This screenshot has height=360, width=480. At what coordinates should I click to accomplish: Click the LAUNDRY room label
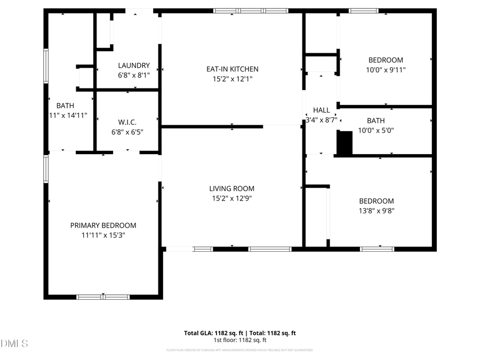[133, 66]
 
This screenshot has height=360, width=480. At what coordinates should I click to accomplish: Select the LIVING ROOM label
[231, 188]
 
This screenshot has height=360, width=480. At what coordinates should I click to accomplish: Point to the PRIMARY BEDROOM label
[103, 226]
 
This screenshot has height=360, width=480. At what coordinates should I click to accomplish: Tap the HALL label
[321, 110]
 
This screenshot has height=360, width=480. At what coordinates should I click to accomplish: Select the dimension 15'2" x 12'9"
[231, 198]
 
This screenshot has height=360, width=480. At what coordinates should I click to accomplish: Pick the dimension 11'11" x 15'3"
[103, 235]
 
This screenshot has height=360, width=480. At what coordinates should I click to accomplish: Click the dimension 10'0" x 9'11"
[386, 70]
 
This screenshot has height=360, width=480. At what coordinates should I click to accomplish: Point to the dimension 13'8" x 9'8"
[377, 211]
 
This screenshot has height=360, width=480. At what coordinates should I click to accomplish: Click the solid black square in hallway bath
[345, 144]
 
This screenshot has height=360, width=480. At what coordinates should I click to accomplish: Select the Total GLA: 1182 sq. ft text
[213, 333]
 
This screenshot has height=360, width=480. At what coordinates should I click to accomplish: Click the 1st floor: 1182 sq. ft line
[240, 340]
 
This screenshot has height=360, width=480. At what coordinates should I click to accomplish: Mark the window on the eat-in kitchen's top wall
[251, 11]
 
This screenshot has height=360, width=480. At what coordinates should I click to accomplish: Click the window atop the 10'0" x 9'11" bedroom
[364, 11]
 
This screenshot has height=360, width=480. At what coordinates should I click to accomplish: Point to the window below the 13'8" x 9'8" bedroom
[377, 249]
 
